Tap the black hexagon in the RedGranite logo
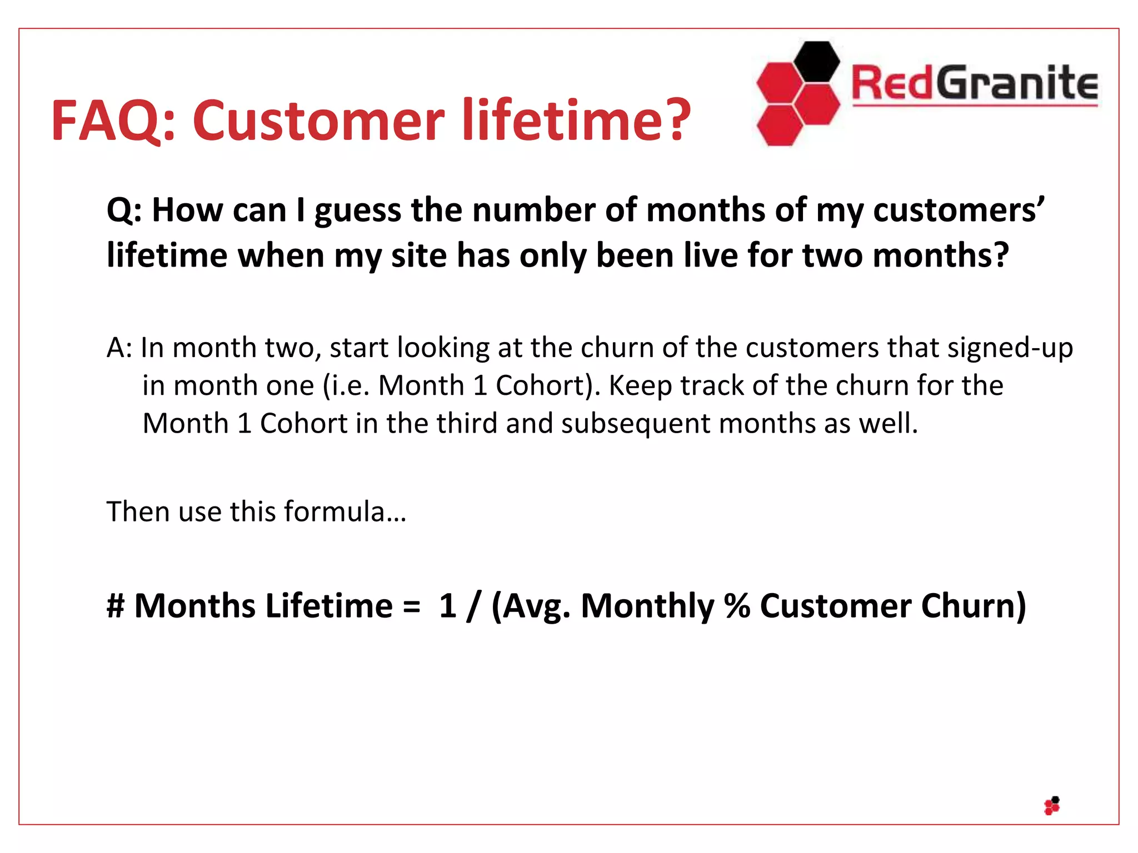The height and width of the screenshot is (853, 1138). (x=816, y=61)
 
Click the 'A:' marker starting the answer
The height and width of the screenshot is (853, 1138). (x=119, y=348)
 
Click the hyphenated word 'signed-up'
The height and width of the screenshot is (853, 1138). (x=1010, y=348)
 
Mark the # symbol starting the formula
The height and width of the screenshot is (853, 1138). (x=116, y=605)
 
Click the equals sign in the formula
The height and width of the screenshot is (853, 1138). (x=412, y=606)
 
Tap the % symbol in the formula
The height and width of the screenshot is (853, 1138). (x=737, y=605)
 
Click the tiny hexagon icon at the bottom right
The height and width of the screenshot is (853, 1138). (x=1052, y=806)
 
